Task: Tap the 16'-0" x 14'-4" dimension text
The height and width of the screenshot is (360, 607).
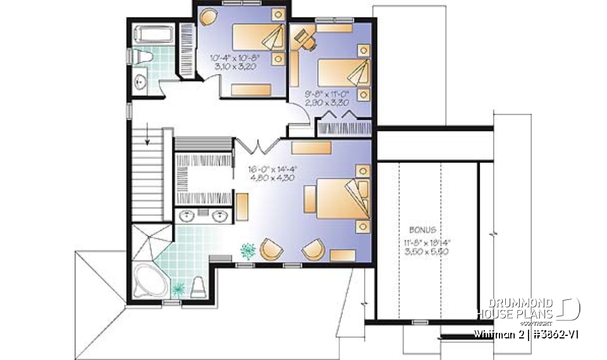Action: pos(273,169)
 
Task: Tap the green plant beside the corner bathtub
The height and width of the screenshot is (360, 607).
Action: pos(178,289)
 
